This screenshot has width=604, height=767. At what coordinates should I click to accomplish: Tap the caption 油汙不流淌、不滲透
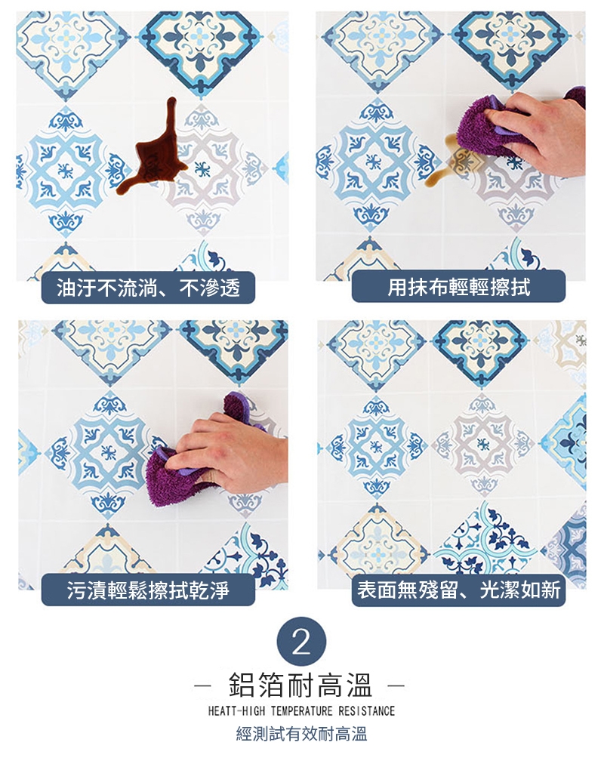click(x=148, y=288)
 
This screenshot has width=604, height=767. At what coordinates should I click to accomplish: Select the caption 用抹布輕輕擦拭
click(x=459, y=287)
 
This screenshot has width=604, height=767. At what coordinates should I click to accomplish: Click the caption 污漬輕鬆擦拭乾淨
click(x=148, y=590)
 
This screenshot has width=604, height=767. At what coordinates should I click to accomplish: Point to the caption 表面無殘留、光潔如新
click(x=459, y=590)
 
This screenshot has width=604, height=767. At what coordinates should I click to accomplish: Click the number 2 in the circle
click(x=301, y=642)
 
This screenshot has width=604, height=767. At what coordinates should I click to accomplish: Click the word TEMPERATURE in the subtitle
click(x=301, y=710)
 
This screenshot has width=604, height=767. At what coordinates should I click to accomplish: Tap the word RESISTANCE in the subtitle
click(x=366, y=710)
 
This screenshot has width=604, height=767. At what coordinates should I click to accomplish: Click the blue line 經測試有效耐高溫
click(x=301, y=734)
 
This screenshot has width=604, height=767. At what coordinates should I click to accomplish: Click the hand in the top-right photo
click(x=538, y=132)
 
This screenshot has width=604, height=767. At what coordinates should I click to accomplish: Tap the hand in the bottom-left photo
click(x=230, y=455)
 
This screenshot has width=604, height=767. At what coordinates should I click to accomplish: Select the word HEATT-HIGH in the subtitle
click(x=236, y=710)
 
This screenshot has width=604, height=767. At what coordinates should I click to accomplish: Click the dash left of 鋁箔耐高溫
click(x=202, y=685)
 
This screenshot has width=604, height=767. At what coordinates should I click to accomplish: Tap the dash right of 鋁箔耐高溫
click(x=396, y=685)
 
